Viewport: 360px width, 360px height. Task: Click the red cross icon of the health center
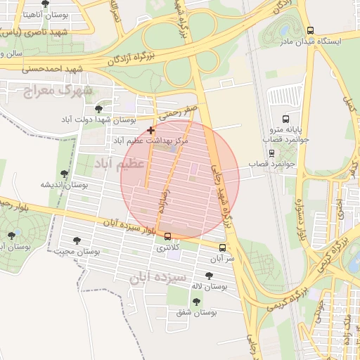point(150,130)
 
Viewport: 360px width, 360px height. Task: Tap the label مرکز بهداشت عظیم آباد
point(151,141)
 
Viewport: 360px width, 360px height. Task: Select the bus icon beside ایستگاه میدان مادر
point(311,31)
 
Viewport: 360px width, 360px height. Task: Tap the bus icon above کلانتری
point(167,236)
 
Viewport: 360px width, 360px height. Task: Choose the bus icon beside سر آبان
point(222,247)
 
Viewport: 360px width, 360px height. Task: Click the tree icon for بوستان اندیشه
point(64,174)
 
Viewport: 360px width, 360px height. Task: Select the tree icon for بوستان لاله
point(209,276)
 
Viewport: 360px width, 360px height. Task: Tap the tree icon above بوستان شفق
point(196,302)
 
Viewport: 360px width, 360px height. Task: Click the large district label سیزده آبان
point(158,277)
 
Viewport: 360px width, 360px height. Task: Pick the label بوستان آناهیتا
point(26,13)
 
